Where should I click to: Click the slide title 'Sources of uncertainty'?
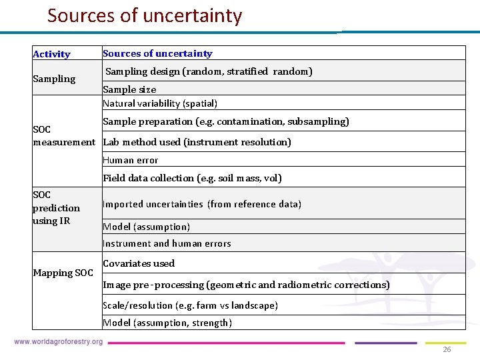pyautogui.click(x=145, y=15)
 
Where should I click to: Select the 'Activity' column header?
pyautogui.click(x=51, y=54)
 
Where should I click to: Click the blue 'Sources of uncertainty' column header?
pyautogui.click(x=157, y=53)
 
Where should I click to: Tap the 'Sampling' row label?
pyautogui.click(x=54, y=79)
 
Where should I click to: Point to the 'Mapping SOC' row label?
pyautogui.click(x=63, y=273)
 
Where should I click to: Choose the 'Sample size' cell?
pyautogui.click(x=129, y=89)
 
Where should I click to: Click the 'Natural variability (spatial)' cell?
pyautogui.click(x=160, y=103)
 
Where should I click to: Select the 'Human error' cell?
pyautogui.click(x=131, y=160)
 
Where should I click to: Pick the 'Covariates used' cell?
pyautogui.click(x=139, y=263)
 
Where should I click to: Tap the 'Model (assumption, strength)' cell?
pyautogui.click(x=167, y=323)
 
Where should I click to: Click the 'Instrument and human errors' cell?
pyautogui.click(x=167, y=243)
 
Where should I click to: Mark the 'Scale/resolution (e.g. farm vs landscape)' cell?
pyautogui.click(x=190, y=305)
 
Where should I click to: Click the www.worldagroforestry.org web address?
pyautogui.click(x=58, y=342)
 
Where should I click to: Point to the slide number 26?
pyautogui.click(x=447, y=349)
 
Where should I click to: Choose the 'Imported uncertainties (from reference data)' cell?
pyautogui.click(x=202, y=204)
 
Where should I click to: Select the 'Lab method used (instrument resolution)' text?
pyautogui.click(x=197, y=142)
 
